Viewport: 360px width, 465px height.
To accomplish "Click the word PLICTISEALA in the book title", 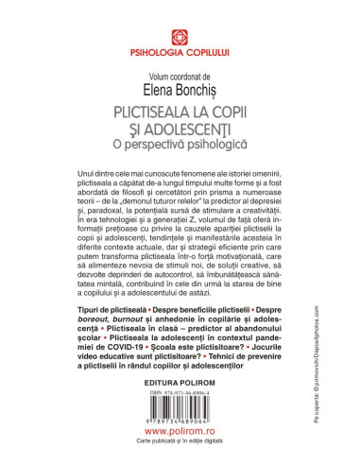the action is pyautogui.click(x=144, y=111).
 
